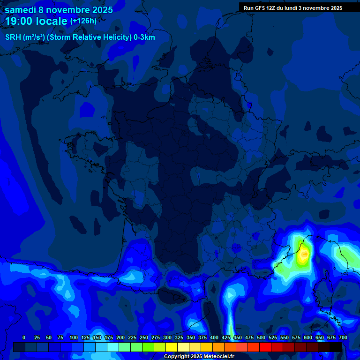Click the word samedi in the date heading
[x=21, y=10]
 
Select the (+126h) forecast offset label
[x=83, y=21]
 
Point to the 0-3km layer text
[x=144, y=37]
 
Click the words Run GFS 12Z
[x=260, y=8]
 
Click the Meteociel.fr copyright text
[x=199, y=357]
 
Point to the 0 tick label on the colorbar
[x=24, y=337]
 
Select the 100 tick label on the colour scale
[x=73, y=337]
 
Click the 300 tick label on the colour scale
[x=167, y=337]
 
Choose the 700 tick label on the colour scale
[x=343, y=337]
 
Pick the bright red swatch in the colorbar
[x=265, y=347]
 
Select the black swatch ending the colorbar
[x=336, y=347]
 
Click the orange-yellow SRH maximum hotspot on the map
[x=305, y=254]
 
